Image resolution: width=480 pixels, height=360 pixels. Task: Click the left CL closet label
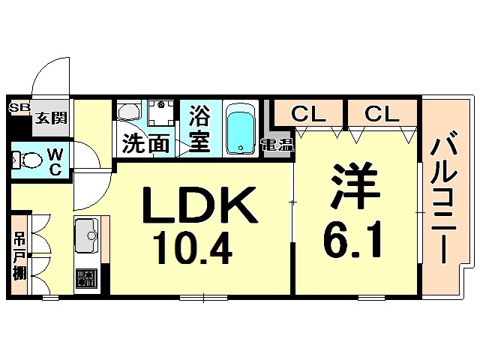click(307, 114)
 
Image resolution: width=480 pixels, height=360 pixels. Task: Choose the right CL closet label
click(381, 114)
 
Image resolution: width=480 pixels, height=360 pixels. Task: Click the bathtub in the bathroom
click(241, 130)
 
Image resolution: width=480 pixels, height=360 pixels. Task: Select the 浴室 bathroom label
click(199, 129)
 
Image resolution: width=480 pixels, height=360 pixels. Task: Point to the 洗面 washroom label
click(145, 142)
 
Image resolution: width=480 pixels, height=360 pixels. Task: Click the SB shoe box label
click(17, 108)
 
